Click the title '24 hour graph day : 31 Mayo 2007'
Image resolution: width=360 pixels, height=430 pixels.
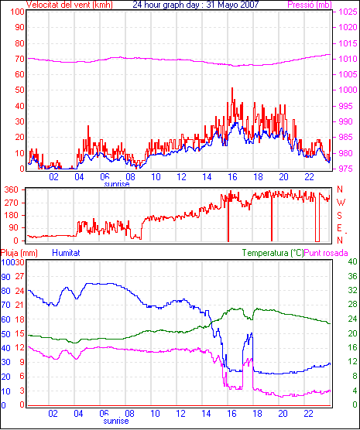pos(196,5)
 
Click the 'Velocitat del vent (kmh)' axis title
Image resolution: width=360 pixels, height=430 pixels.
pos(69,5)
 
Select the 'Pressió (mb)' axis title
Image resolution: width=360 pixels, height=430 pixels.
pos(310,5)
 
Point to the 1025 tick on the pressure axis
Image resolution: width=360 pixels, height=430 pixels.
pos(348,12)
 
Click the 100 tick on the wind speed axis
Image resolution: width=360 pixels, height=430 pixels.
pos(17,12)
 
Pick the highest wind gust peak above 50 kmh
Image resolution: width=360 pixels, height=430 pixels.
pos(232,88)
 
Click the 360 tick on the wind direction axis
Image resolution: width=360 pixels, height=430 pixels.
pos(12,189)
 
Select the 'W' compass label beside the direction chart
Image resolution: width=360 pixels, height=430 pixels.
pos(341,203)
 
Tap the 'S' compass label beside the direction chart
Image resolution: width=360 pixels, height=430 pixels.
pos(340,216)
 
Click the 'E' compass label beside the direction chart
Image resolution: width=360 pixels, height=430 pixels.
pos(340,228)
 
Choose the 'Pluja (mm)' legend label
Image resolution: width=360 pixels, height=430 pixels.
pos(19,253)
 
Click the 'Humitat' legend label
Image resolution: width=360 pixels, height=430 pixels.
pos(66,253)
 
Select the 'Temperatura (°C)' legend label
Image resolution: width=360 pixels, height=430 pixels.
pos(273,253)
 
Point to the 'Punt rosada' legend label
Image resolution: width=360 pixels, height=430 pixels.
pos(326,253)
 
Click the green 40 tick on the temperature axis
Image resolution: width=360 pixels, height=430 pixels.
pos(352,261)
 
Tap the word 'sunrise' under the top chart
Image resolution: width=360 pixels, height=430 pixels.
pos(117,183)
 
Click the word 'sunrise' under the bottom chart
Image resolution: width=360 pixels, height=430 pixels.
pos(116,421)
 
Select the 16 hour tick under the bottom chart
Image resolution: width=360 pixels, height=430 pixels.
pos(231,413)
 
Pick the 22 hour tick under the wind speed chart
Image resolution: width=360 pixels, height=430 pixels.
pos(309,177)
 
